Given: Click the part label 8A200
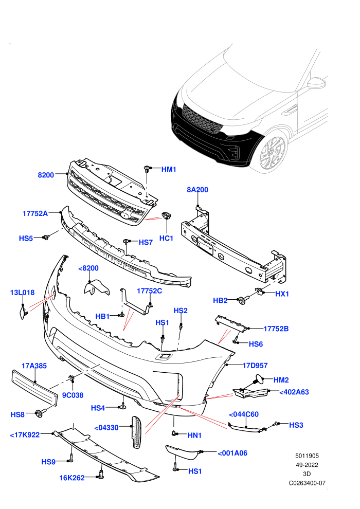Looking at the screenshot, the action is (x=197, y=190).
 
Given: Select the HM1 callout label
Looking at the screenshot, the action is (x=169, y=169).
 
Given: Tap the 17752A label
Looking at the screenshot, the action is (x=35, y=213).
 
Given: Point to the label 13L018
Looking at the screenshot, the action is (x=22, y=293).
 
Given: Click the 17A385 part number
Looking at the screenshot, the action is (x=34, y=366).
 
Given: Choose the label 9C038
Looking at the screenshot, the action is (x=73, y=395).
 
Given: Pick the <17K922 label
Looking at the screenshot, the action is (x=25, y=434).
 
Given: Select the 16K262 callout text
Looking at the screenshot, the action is (x=71, y=478).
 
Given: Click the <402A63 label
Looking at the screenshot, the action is (x=294, y=392).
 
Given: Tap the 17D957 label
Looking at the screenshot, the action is (x=255, y=366).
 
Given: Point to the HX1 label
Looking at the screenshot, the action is (x=282, y=294).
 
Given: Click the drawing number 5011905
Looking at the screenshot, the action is (x=307, y=456).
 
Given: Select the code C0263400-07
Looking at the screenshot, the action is (x=307, y=483).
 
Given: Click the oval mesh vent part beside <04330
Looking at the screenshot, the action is (x=137, y=432).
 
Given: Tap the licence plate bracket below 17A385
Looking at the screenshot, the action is (x=35, y=388).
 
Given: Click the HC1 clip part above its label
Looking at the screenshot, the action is (x=166, y=215).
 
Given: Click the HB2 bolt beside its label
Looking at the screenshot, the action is (x=243, y=300).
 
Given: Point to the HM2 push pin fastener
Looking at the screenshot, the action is (x=258, y=379).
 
